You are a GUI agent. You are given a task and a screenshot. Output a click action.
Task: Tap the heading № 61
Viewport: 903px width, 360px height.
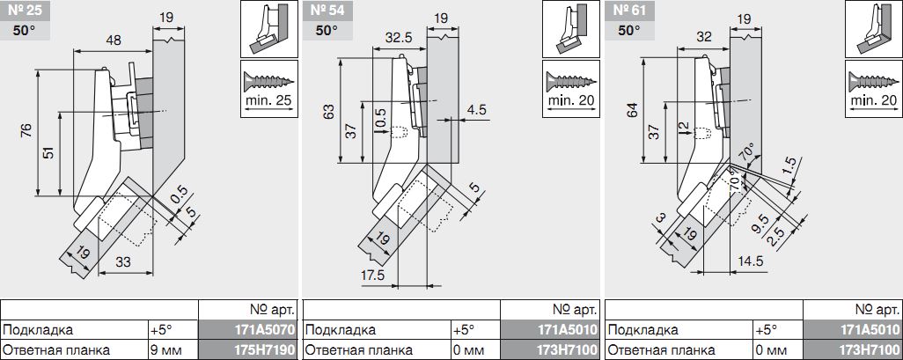628,11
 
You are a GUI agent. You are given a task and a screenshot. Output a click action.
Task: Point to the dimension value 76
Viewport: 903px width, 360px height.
26,132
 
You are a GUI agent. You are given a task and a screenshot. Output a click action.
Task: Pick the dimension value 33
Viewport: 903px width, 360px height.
122,262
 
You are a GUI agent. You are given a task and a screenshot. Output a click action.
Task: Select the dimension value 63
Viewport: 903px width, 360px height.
328,111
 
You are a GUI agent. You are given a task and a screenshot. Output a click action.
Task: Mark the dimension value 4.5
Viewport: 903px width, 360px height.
477,110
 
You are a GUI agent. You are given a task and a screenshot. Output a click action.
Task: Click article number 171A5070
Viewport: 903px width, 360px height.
250,330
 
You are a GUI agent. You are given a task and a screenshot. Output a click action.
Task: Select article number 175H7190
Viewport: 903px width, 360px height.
250,349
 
